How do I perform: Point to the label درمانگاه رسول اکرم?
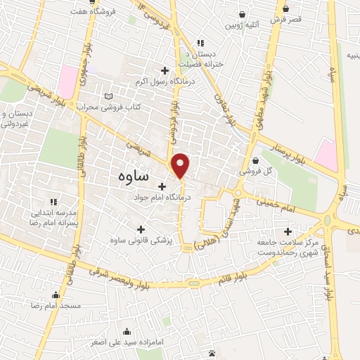(x=165, y=82)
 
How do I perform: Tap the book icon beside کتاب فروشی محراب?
(x=108, y=96)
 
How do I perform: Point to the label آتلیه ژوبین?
(x=242, y=25)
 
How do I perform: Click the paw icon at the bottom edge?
(x=212, y=352)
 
